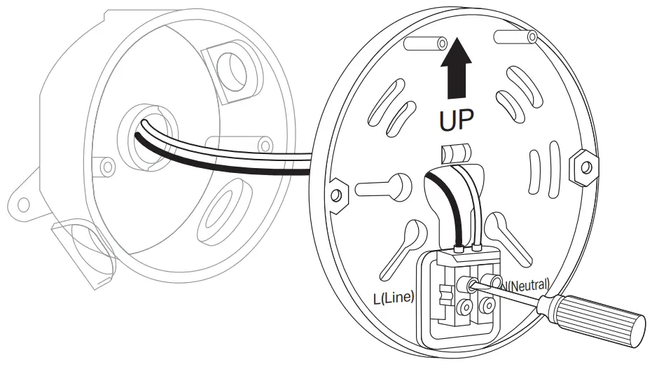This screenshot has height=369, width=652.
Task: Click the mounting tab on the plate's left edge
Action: [x=337, y=193]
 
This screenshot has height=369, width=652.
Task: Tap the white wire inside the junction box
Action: [x=210, y=148]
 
